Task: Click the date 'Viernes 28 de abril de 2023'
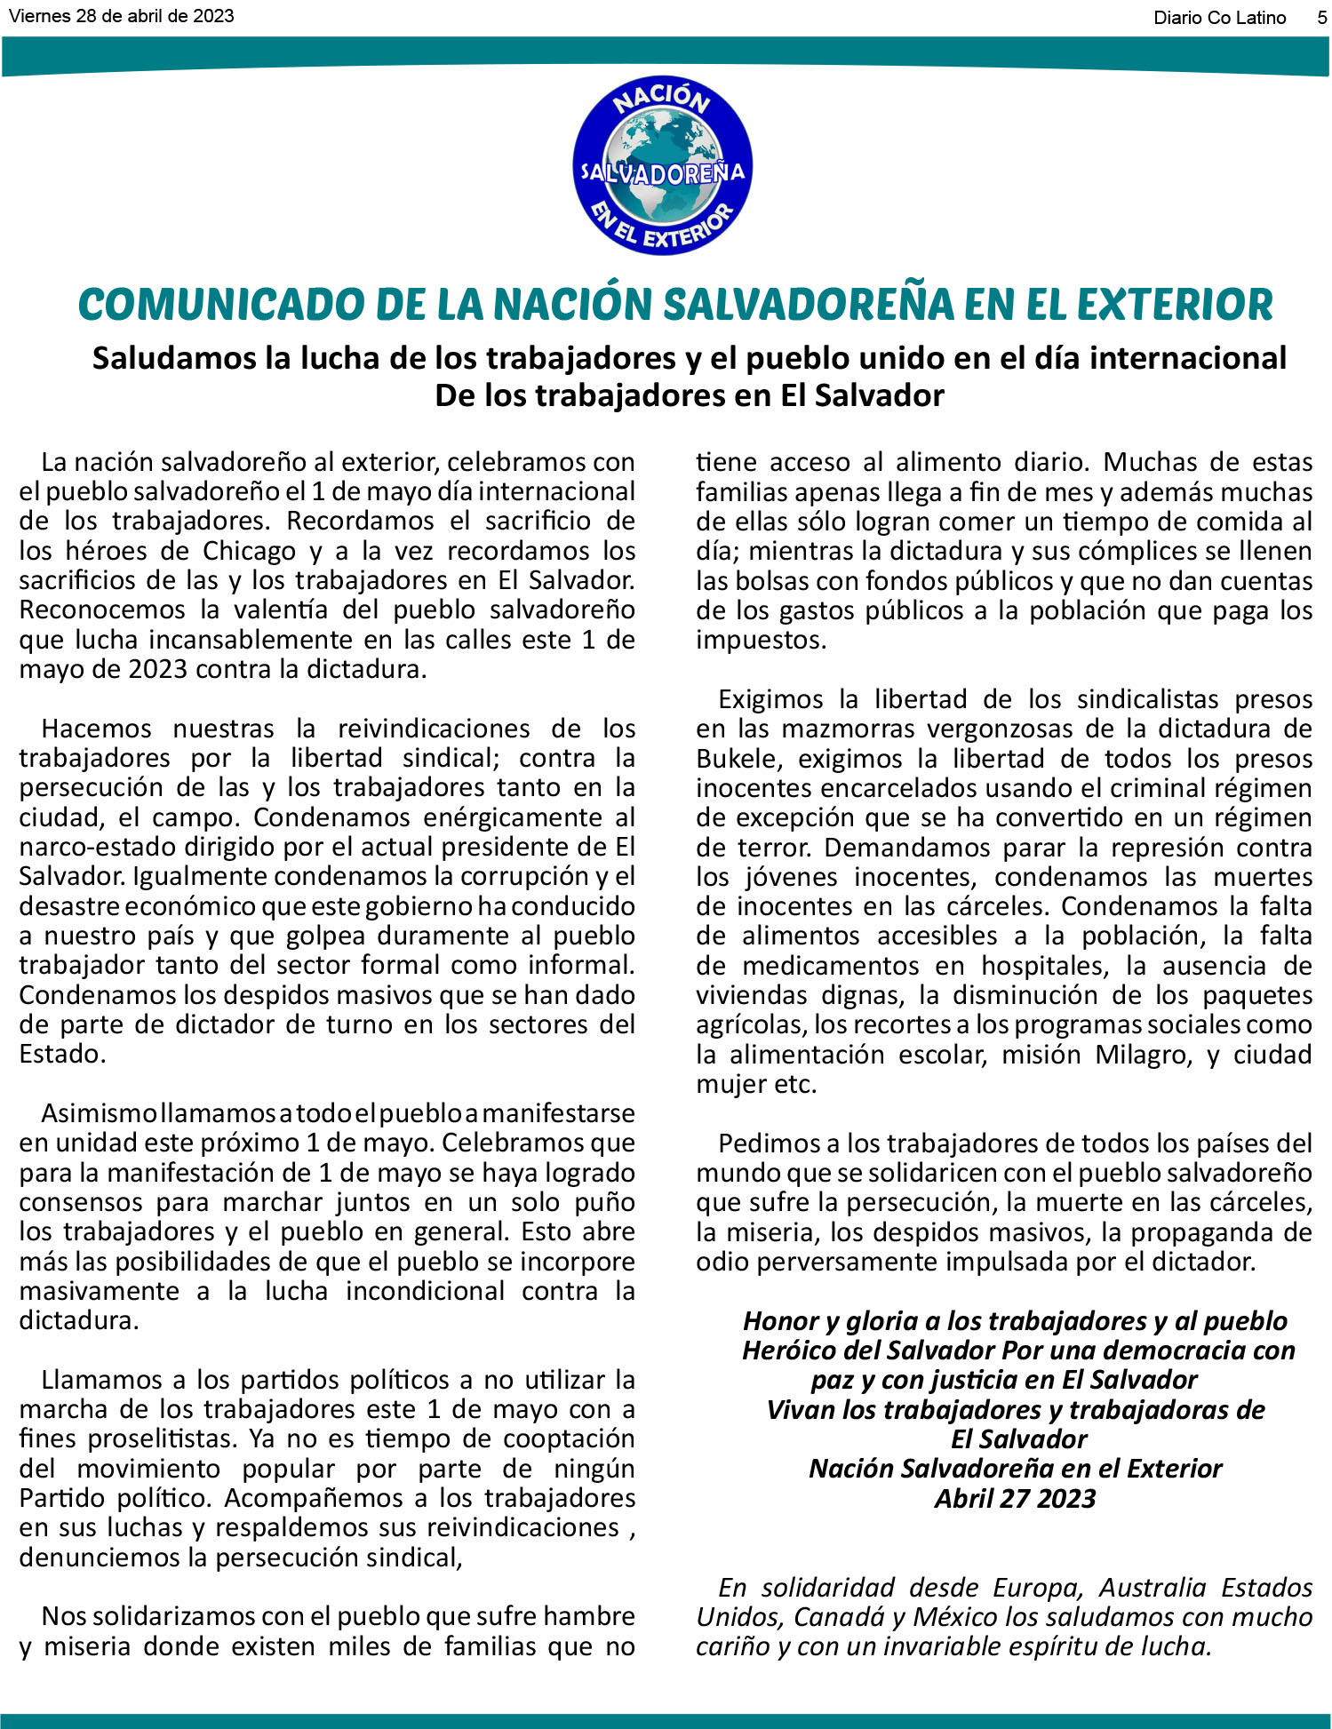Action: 121,16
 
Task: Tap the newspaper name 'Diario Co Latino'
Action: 1219,18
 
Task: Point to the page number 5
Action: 1322,18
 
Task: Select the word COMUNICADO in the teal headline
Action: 217,305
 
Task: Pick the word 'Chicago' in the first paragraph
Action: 249,551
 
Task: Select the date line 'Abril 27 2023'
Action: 1015,1499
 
